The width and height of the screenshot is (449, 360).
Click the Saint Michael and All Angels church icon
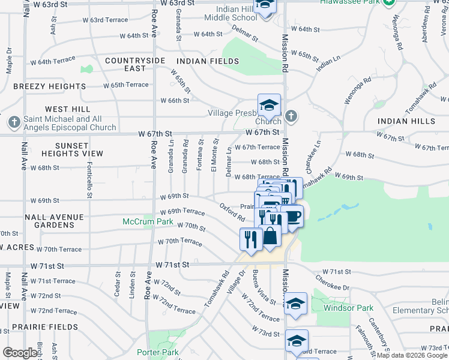click(x=14, y=122)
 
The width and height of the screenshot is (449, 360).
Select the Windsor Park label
click(x=348, y=308)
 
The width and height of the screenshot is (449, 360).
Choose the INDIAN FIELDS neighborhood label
click(x=208, y=61)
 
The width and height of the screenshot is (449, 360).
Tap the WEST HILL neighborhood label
click(x=67, y=109)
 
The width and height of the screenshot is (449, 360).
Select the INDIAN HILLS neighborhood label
click(x=406, y=121)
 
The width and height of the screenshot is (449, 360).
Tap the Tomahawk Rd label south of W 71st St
click(x=216, y=289)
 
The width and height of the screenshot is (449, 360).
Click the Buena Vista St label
click(x=264, y=286)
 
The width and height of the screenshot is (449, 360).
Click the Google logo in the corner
click(x=20, y=353)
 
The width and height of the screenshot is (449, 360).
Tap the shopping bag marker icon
click(x=271, y=236)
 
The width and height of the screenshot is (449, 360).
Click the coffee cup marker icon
click(x=292, y=216)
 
